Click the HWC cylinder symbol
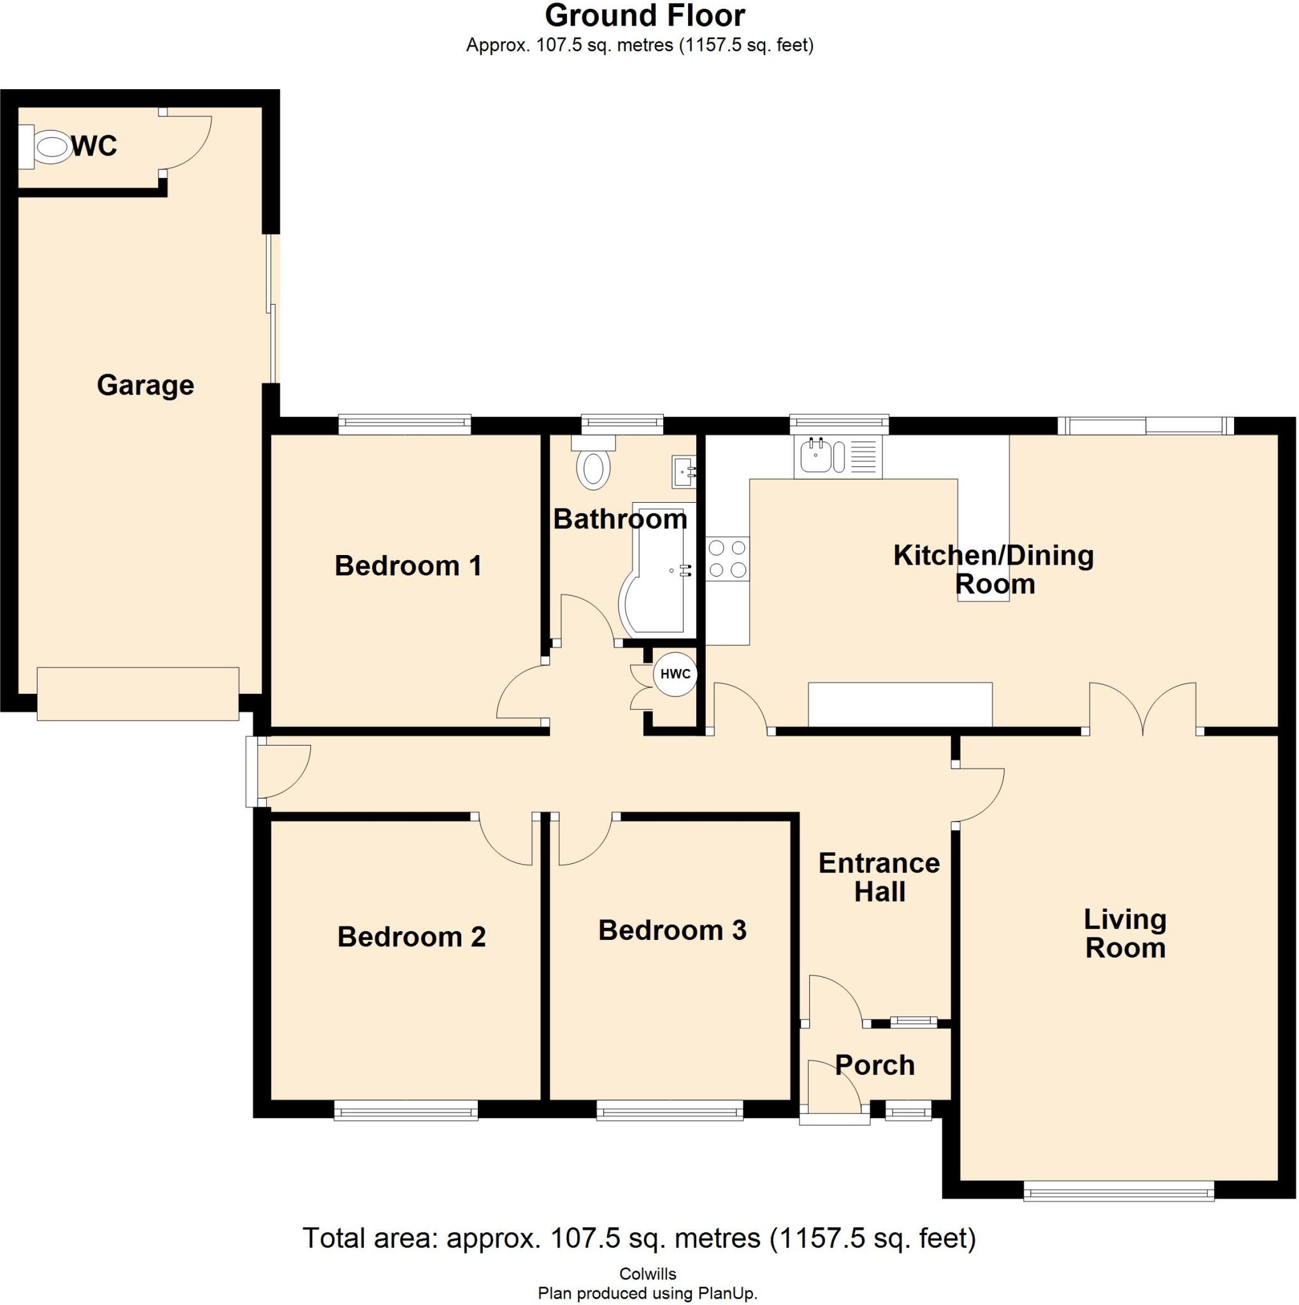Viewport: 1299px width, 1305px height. tap(675, 674)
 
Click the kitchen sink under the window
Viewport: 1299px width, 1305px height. tap(817, 456)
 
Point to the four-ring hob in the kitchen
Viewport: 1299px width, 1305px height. tap(728, 559)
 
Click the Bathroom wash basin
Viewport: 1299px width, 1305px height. tap(682, 472)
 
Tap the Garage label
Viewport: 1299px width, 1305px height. tap(145, 386)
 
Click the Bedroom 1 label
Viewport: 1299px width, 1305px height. tap(408, 566)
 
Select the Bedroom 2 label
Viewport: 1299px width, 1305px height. tap(411, 937)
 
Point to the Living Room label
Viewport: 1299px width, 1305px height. tap(1125, 934)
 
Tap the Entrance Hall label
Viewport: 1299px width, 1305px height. tap(879, 877)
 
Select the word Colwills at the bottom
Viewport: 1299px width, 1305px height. tap(647, 1274)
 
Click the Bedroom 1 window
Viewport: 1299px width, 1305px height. tap(404, 424)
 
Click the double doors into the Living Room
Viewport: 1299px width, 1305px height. tap(1142, 709)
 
